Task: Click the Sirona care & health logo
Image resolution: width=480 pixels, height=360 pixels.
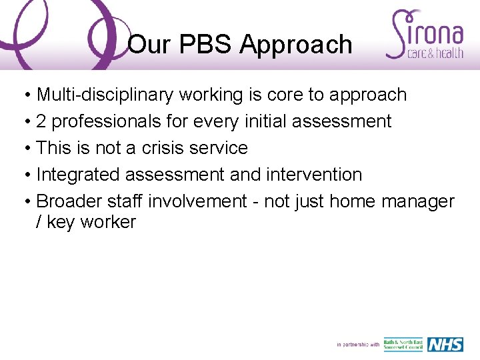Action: (x=425, y=35)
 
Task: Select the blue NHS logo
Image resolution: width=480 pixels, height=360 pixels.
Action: (x=445, y=345)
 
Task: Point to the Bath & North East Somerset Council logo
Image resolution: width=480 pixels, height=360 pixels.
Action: (x=403, y=345)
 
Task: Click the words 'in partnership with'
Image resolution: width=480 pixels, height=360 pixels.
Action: (x=358, y=345)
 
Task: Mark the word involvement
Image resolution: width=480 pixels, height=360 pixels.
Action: (x=197, y=201)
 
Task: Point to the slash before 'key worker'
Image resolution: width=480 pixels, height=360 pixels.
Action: (x=39, y=222)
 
